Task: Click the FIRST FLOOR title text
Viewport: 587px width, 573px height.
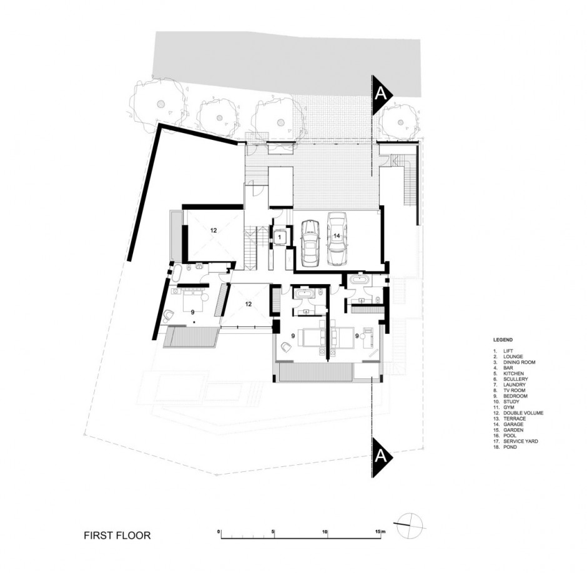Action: [117, 535]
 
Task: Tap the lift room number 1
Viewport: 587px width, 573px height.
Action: [279, 237]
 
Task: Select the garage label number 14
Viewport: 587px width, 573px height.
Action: [337, 236]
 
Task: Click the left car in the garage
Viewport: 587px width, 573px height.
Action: [310, 243]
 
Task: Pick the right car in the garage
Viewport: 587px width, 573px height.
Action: [336, 238]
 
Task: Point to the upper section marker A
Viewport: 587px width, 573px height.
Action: [382, 94]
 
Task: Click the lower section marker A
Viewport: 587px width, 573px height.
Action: [382, 457]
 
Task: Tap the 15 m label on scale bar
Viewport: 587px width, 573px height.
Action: [380, 531]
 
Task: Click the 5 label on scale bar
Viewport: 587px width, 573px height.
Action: [274, 531]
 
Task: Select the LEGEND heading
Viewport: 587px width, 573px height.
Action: [503, 340]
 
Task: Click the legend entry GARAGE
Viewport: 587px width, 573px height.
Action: [513, 424]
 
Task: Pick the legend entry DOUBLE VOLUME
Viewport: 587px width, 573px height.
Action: [523, 413]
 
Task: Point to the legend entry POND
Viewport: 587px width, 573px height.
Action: [510, 447]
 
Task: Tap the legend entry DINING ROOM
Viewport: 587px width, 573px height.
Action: [519, 362]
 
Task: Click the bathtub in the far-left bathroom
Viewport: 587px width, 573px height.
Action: [176, 275]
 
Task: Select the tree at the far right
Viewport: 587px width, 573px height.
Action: [400, 120]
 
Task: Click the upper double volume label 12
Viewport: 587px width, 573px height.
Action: [214, 230]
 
